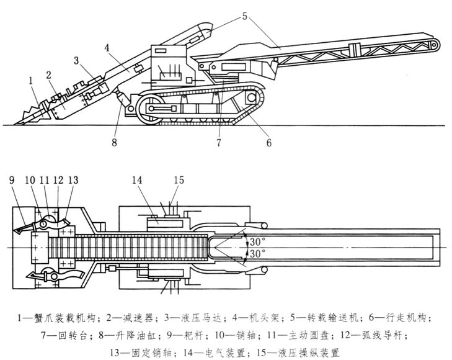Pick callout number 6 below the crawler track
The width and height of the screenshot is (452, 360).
[268, 142]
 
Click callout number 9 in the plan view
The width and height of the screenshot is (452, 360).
[12, 181]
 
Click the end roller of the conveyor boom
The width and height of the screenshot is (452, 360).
[434, 45]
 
